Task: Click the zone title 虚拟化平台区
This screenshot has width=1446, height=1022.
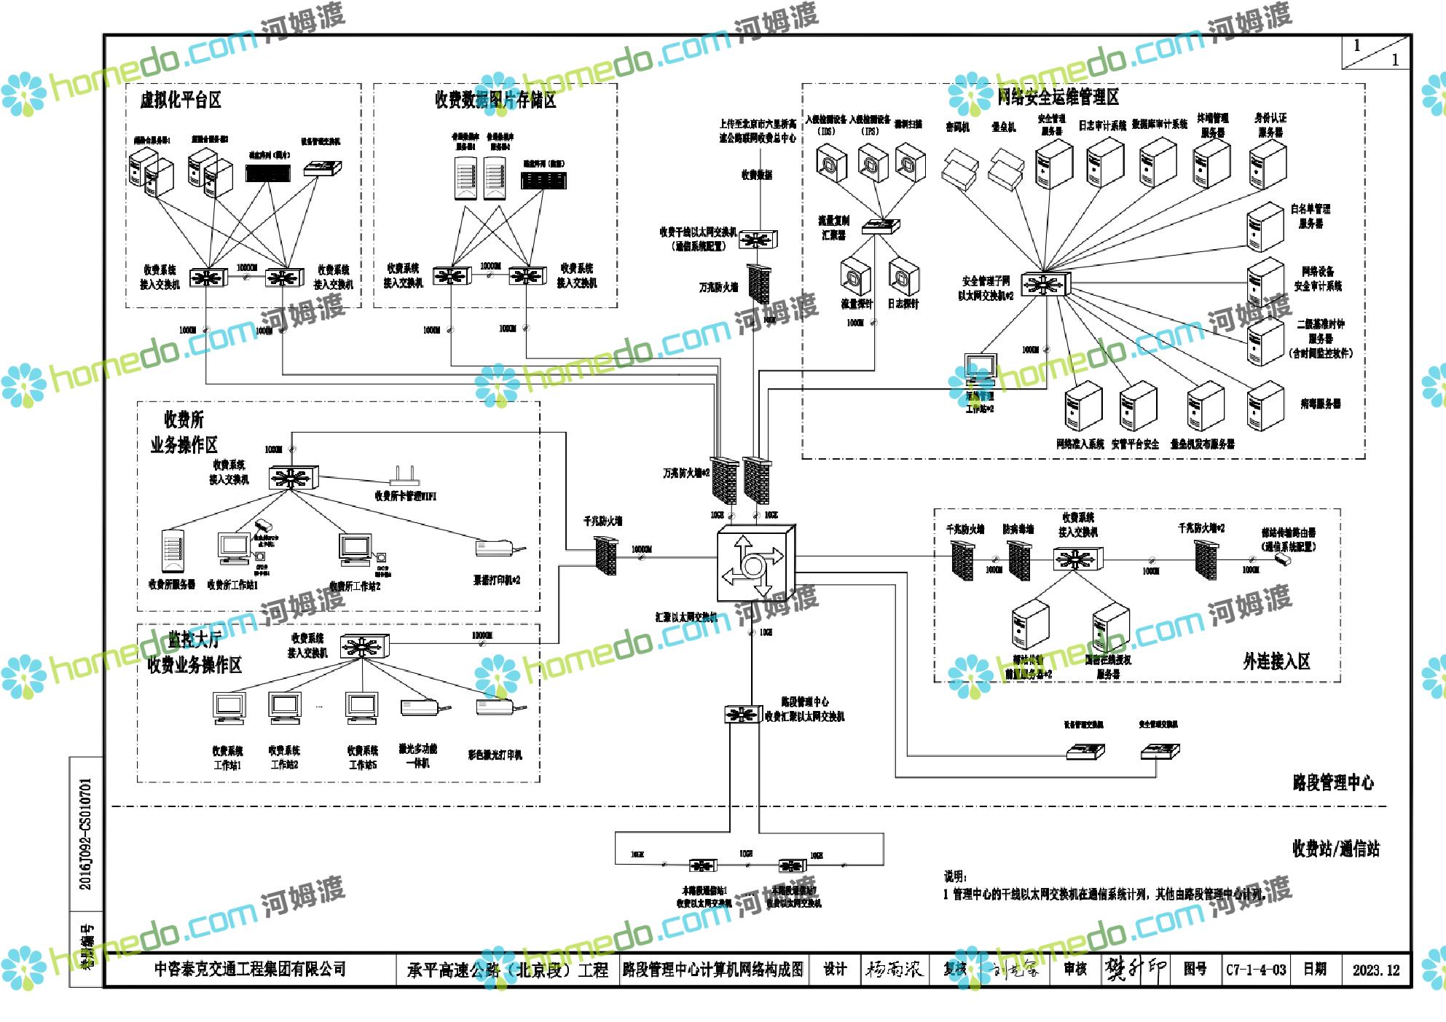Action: point(181,100)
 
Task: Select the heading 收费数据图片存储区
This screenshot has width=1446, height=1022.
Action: point(495,100)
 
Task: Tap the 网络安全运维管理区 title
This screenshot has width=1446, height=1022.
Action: point(1058,97)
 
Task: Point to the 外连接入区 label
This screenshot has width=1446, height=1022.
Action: point(1276,661)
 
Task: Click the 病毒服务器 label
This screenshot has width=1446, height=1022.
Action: point(1320,404)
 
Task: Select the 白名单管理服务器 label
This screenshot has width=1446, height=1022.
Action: point(1311,216)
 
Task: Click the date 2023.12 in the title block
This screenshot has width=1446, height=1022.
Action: point(1376,970)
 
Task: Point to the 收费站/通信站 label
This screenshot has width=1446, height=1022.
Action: point(1335,849)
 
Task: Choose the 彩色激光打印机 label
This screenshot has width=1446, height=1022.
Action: point(495,755)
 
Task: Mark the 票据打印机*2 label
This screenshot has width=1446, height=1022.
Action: point(497,581)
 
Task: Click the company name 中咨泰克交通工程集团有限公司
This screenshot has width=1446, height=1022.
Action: point(250,970)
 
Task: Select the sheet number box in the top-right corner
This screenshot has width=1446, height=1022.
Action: point(1375,52)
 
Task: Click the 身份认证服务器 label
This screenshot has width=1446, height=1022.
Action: point(1270,125)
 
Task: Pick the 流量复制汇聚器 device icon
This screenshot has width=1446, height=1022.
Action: point(880,227)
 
